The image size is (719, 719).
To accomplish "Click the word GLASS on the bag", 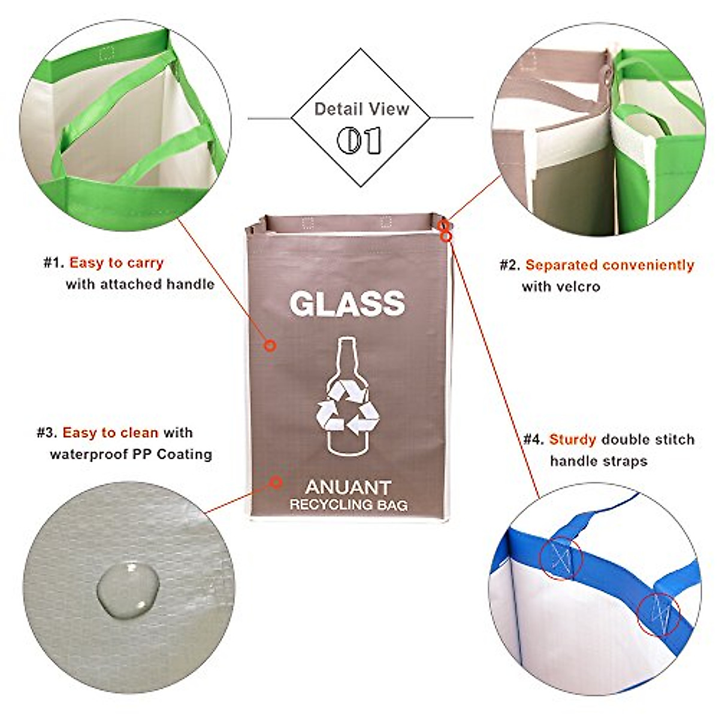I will [348, 304].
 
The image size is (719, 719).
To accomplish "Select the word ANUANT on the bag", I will [348, 487].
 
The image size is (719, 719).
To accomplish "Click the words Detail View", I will [361, 109].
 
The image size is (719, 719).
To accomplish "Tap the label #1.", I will [53, 262].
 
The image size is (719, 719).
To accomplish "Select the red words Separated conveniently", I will [609, 265].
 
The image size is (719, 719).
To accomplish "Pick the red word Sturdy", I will [572, 439].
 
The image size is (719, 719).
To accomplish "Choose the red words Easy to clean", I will [110, 433].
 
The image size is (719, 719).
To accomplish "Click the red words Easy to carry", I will [116, 262].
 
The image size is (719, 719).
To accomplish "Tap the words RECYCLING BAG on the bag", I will [348, 504].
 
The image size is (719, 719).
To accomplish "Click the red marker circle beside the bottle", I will [270, 345].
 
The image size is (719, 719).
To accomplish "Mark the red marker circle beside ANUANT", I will [276, 481].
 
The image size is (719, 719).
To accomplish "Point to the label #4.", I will [533, 439].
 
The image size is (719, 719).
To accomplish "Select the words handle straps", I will [590, 461].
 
